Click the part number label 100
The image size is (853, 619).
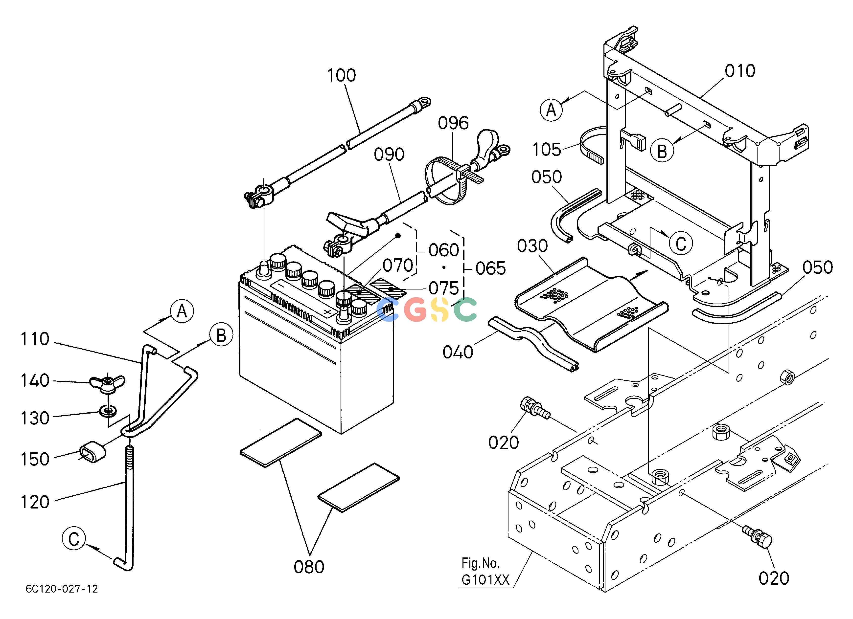coord(341,76)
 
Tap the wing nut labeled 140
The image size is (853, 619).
coord(107,383)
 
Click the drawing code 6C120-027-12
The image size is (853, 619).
coord(62,589)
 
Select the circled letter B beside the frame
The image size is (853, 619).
coord(662,151)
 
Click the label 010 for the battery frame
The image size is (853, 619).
coord(740,71)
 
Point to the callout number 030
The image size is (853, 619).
coord(532,246)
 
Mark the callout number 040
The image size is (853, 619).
coord(458,352)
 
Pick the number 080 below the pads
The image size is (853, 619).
coord(309,567)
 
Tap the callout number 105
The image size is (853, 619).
coord(547,150)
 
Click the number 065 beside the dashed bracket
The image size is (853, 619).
coord(491,268)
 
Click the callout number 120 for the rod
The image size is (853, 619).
coord(35,502)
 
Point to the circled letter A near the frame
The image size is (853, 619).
coord(551,110)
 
